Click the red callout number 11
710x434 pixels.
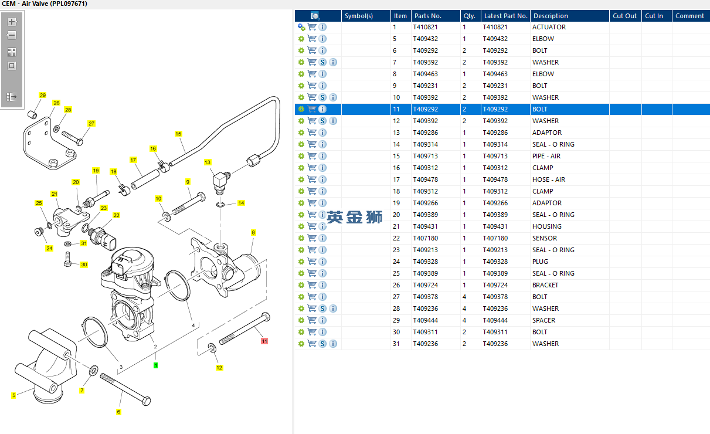click(264, 341)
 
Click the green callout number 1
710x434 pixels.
click(155, 365)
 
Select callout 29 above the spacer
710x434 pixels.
click(42, 95)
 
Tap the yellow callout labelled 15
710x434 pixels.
click(178, 134)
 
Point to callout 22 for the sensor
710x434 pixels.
click(116, 215)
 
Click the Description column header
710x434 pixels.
click(551, 16)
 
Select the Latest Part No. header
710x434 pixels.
click(505, 16)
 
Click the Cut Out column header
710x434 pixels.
click(624, 16)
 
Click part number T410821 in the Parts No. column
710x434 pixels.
click(425, 27)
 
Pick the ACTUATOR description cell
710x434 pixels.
click(549, 27)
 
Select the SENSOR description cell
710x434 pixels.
click(545, 238)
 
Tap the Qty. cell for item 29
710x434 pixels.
click(464, 320)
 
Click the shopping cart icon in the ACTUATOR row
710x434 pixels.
click(312, 27)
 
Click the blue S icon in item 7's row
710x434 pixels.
click(322, 62)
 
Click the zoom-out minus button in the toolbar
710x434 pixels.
click(12, 35)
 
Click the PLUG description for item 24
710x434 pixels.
click(540, 262)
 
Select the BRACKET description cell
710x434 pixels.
click(545, 285)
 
